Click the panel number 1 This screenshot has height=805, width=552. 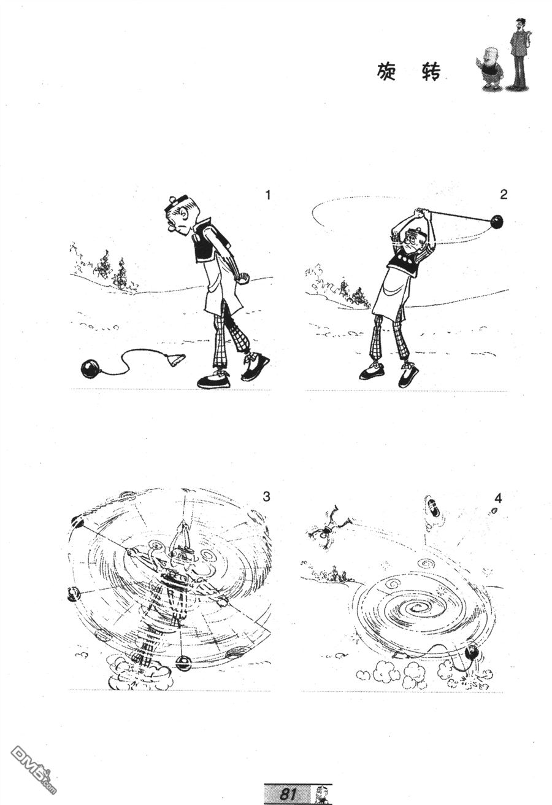click(x=267, y=195)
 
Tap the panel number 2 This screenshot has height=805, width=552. click(x=504, y=195)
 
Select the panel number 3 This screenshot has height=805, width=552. click(x=266, y=497)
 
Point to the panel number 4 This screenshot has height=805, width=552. click(x=498, y=499)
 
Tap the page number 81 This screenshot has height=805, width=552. click(x=288, y=793)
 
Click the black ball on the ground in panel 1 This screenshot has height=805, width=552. click(x=91, y=369)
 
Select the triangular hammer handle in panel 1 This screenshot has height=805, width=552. click(x=175, y=360)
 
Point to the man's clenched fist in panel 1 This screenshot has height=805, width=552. click(x=244, y=279)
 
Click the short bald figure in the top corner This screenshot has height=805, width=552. click(x=490, y=68)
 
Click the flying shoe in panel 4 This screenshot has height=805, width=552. click(x=434, y=507)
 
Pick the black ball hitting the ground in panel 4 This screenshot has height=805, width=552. click(x=472, y=652)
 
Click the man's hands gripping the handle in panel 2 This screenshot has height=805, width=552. click(x=422, y=212)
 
